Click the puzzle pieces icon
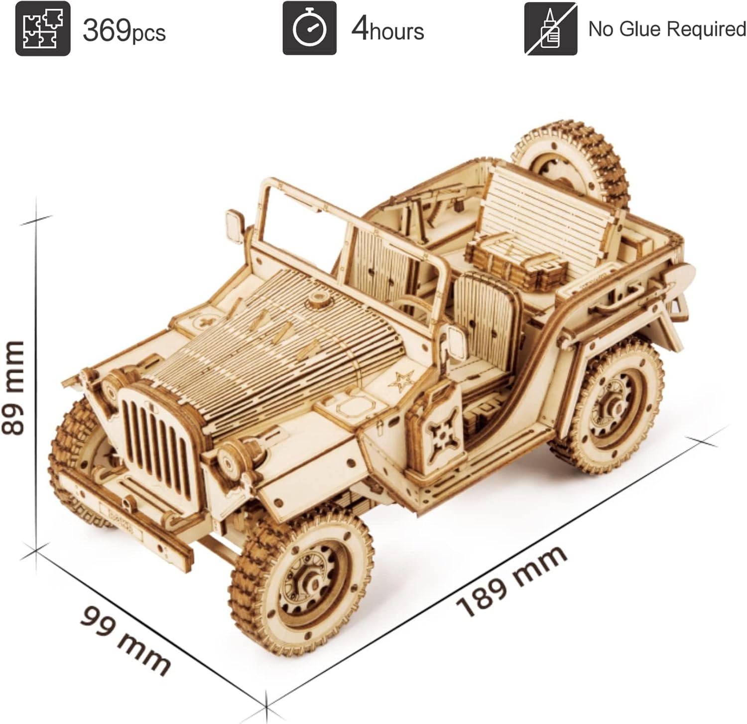(43, 28)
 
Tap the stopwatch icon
(309, 28)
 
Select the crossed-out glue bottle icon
(550, 28)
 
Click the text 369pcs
(124, 31)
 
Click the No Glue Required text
(667, 29)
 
